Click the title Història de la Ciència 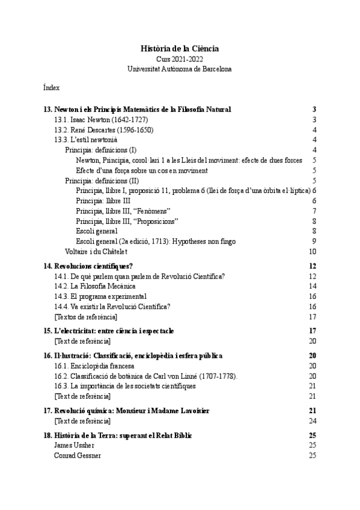[x=179, y=48]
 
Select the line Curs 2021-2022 [x=179, y=59]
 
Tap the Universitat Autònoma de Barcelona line [x=179, y=69]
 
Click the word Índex [x=51, y=88]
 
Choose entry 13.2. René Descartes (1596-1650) [x=94, y=129]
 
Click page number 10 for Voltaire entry [x=312, y=251]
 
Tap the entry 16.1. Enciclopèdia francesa [x=94, y=366]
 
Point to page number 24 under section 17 [x=312, y=420]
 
